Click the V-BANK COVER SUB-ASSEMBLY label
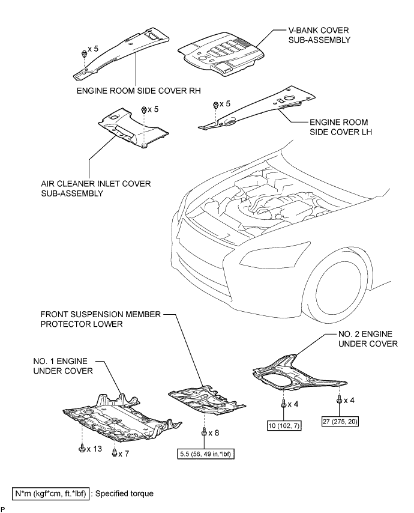[319, 35]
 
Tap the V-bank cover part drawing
[221, 54]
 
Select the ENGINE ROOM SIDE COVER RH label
[139, 91]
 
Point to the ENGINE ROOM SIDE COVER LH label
[340, 127]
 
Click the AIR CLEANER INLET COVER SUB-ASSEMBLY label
[96, 189]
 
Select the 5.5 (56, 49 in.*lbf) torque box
[206, 454]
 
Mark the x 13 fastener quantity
[94, 449]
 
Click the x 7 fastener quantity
[124, 454]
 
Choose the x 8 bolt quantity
[214, 433]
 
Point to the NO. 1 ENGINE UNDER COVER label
[63, 366]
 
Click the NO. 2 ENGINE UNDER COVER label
[368, 339]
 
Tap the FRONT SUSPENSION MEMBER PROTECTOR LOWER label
[101, 319]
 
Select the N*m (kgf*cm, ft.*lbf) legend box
[50, 493]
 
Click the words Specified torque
[124, 493]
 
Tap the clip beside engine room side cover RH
[84, 54]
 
